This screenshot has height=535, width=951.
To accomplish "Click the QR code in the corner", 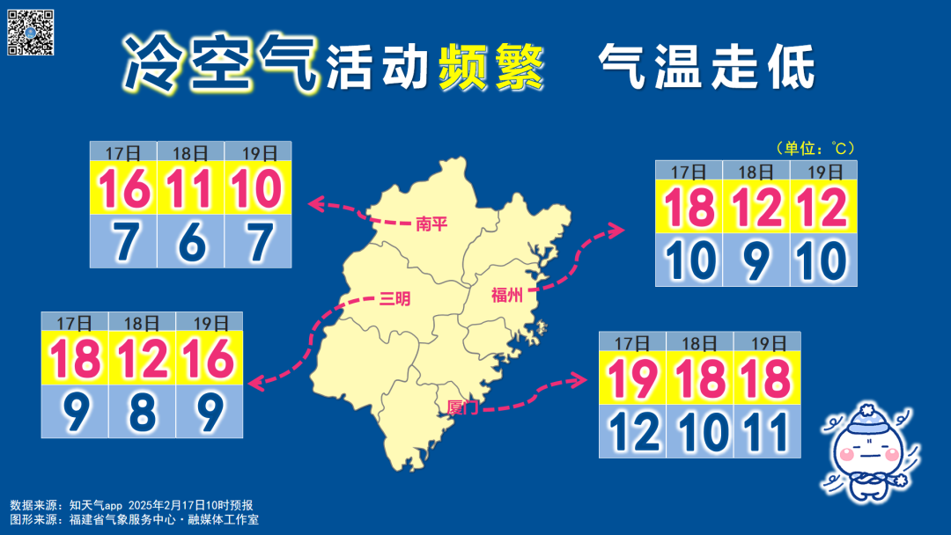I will pos(31,33).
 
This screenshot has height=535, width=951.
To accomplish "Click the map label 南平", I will pos(431,224).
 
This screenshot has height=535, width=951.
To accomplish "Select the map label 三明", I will pos(394,299).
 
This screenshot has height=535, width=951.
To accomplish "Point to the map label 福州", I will pos(507,295).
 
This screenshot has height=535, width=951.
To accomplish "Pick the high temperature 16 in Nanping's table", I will pos(124,188).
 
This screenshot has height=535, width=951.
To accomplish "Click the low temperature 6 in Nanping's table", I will pos(191,241).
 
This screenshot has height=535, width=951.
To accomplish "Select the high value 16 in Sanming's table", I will pos(209,359).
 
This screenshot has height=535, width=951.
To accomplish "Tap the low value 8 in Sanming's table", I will pos(142,410).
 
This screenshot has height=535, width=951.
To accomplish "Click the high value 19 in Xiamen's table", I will pos(632,379).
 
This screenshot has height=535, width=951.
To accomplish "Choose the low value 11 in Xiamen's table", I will pos(766,431).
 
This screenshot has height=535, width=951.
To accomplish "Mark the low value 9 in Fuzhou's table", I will pos(756,260).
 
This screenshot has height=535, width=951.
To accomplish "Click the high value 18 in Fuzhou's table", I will pos(689,209).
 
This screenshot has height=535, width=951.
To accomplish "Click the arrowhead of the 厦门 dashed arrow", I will pos(580,379).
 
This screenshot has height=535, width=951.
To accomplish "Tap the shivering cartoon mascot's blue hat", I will pos(867,413).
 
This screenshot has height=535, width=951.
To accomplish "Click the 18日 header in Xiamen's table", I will pos(700,341).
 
